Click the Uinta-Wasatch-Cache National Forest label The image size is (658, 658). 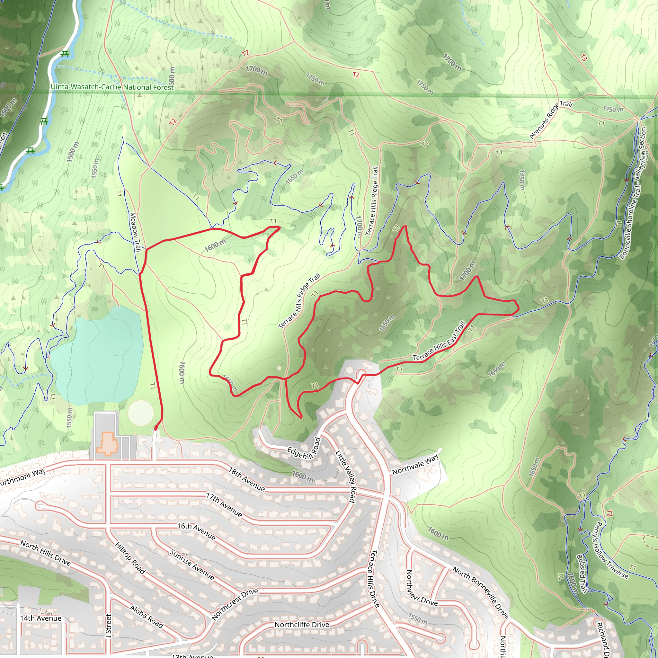tap(112, 87)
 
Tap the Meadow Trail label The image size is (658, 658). tap(136, 232)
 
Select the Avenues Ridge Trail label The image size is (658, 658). tap(551, 120)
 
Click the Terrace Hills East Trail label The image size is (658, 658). tap(439, 342)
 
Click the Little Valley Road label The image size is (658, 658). tap(346, 476)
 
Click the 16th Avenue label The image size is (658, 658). tap(197, 531)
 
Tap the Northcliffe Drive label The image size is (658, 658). tap(302, 625)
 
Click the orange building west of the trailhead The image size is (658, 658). tap(107, 444)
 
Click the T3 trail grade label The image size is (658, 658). tap(583, 58)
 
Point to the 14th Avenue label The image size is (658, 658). tap(41, 618)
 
